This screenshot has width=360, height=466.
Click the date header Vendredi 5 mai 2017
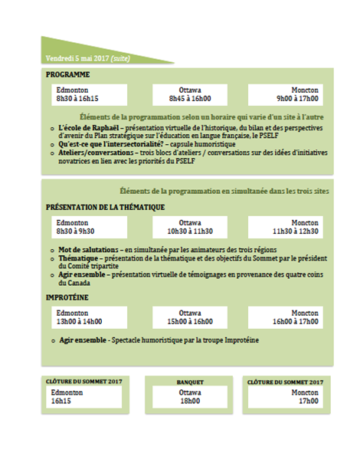[77, 57]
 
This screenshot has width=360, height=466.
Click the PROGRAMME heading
[68, 74]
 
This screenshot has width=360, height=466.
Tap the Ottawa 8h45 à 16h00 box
[189, 94]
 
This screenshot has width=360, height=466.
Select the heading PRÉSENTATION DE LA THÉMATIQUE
[105, 207]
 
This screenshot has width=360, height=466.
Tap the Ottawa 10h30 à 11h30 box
[189, 226]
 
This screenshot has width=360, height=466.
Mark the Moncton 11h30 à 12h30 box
[290, 226]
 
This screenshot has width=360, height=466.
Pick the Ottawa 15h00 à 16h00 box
[189, 317]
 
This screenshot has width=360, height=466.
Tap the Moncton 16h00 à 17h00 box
[290, 317]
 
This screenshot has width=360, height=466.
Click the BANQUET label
[189, 381]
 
